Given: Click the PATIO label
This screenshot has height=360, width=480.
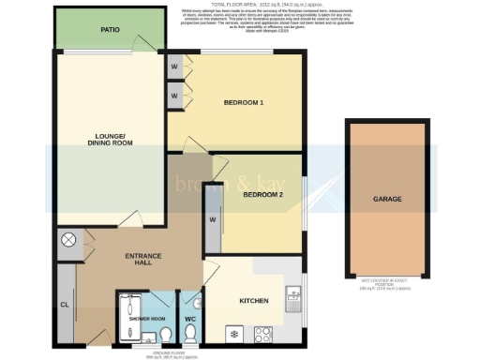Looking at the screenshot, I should coord(111,29).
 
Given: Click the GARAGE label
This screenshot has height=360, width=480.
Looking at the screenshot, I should coord(387,200).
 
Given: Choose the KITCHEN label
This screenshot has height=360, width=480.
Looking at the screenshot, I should coord(254,301).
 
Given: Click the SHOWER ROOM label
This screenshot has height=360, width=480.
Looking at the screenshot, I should coord(146,318).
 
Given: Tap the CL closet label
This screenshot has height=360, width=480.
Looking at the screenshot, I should coord(65,305).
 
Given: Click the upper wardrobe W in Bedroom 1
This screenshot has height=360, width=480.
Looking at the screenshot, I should coord(175,67).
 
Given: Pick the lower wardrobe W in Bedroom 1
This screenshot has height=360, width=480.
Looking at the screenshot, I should coord(175,96).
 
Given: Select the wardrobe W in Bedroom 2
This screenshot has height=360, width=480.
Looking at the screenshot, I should coord(212,220).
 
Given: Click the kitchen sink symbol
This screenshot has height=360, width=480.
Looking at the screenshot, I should coord(292,298).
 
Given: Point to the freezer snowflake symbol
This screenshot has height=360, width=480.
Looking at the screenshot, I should coord(232,334).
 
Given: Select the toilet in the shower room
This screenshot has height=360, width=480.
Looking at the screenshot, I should coord(164,335).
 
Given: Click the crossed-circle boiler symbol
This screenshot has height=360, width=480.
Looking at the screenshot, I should coord(67,240).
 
